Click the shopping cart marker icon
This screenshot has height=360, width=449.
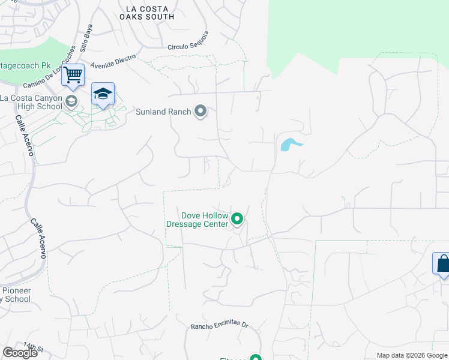(73, 76)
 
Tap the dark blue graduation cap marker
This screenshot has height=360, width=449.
(103, 94)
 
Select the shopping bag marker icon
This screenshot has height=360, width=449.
(442, 263)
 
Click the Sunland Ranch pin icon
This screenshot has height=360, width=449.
(201, 112)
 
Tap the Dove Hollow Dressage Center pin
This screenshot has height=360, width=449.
(237, 220)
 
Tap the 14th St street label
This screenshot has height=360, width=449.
(34, 348)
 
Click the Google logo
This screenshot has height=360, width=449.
(20, 353)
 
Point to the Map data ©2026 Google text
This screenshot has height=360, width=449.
(411, 355)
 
